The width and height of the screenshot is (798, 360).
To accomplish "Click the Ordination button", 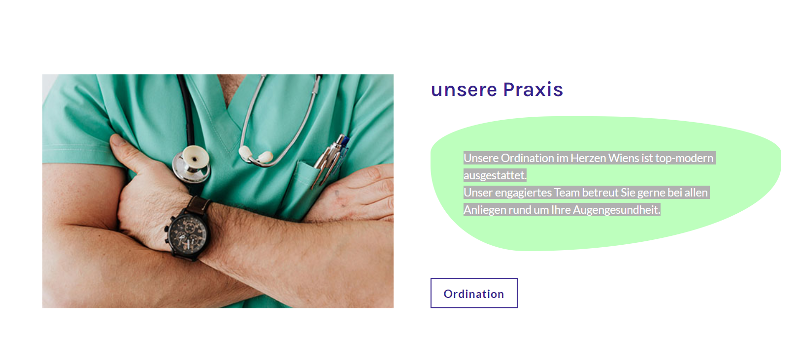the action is pos(474,293).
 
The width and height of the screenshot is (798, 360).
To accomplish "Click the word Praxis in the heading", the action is pos(533,89).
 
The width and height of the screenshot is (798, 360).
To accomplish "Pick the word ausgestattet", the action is pos(495,175).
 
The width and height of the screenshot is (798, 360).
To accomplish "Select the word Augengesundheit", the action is pos(616,210).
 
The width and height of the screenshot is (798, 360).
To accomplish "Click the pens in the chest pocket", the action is pos(332,159).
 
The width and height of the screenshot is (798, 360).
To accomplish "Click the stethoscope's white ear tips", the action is pos(256,155).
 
